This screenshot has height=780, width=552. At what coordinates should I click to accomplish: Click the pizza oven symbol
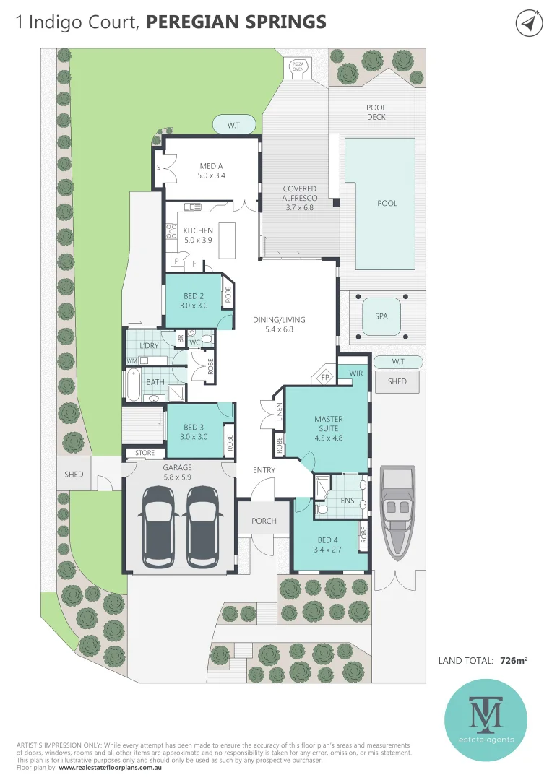[298, 66]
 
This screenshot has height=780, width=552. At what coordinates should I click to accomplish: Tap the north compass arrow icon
[529, 23]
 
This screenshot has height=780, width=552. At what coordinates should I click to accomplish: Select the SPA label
[381, 316]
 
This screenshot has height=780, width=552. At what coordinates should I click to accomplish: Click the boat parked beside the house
[397, 511]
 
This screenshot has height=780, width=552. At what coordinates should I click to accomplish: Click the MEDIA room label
[212, 165]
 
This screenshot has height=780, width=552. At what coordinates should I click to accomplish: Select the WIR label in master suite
[355, 373]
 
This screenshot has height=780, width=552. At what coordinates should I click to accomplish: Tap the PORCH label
[264, 521]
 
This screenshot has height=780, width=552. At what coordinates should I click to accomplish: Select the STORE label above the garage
[145, 454]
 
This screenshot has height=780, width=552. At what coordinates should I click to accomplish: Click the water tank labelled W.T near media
[233, 126]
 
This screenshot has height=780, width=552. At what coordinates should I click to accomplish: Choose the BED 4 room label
[327, 540]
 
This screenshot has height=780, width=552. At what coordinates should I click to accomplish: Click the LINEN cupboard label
[279, 416]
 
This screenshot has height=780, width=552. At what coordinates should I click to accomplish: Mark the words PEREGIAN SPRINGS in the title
[236, 22]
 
